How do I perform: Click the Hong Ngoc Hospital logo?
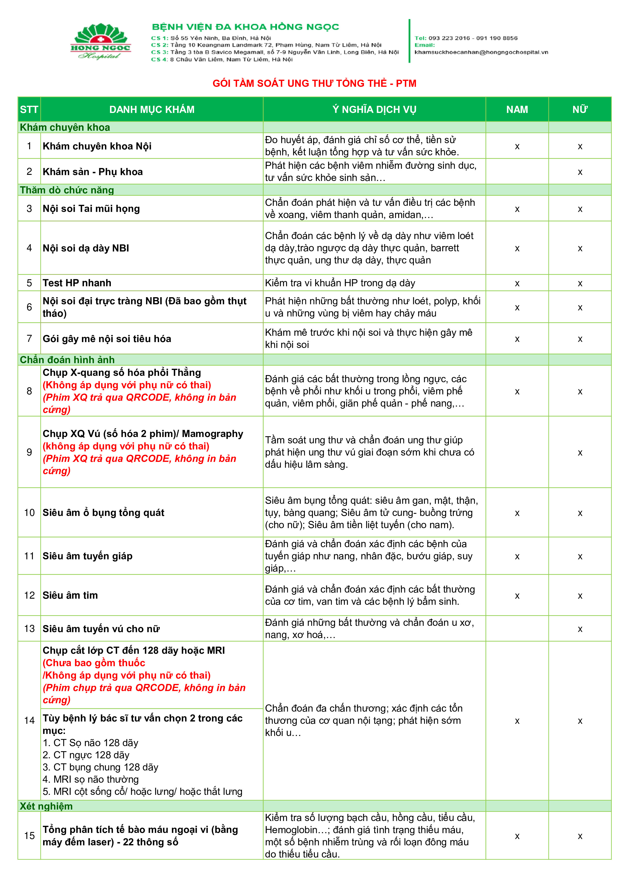100,41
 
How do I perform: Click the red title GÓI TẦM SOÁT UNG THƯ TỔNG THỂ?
314,83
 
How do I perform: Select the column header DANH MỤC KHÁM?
152,110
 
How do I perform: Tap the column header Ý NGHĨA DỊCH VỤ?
374,110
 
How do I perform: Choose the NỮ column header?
580,110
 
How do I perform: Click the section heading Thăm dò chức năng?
67,190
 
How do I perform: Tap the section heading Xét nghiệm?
46,806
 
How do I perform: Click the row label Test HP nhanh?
77,283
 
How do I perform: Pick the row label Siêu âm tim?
70,595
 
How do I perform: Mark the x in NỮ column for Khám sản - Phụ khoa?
580,172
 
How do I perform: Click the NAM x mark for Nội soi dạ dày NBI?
517,248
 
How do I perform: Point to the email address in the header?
481,52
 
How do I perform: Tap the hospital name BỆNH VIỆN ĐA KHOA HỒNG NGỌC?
245,27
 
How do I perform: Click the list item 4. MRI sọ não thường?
91,779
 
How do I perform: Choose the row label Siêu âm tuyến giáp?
88,556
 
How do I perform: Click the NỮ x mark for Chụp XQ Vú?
580,453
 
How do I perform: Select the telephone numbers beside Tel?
473,38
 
